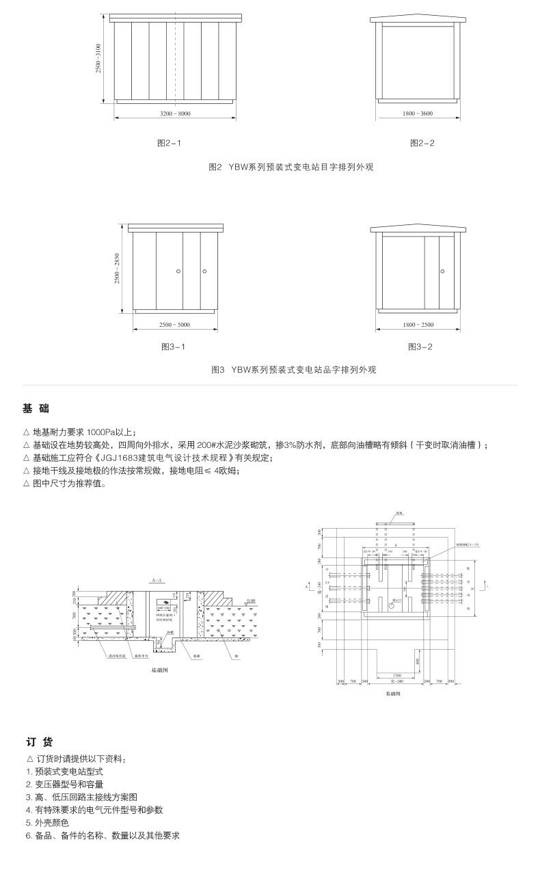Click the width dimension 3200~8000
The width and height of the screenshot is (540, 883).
175,113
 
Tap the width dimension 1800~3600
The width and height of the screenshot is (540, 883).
418,113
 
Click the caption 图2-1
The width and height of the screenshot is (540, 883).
169,143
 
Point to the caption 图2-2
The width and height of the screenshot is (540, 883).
422,143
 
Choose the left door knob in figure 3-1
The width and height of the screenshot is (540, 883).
178,272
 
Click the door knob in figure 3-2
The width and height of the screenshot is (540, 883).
441,271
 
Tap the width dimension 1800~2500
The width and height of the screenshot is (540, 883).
418,324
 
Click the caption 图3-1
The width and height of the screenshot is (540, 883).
173,347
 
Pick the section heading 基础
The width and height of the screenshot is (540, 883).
36,408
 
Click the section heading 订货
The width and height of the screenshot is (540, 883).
38,742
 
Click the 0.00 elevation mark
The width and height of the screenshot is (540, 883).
252,600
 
